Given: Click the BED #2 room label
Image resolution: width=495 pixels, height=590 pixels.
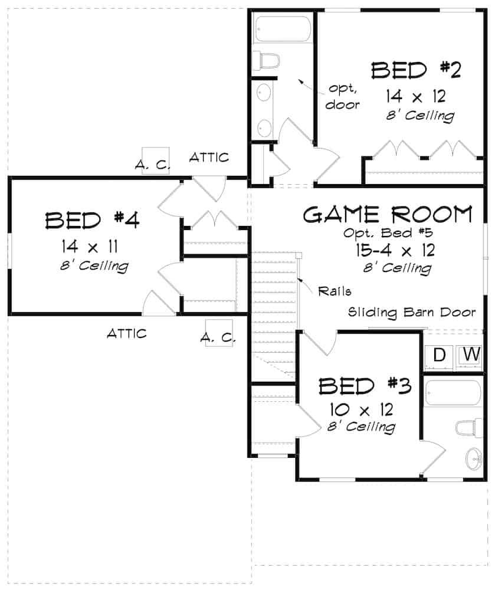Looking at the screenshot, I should pyautogui.click(x=416, y=70).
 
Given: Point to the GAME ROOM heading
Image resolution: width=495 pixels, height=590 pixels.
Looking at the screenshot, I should pyautogui.click(x=388, y=215).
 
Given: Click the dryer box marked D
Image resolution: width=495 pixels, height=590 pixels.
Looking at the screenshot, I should pyautogui.click(x=438, y=355).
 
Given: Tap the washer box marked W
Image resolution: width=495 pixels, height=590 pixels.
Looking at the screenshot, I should pyautogui.click(x=471, y=355).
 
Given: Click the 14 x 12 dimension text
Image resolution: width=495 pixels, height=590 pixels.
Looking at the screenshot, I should pyautogui.click(x=416, y=96).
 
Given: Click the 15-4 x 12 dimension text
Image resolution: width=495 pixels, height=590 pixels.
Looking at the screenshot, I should pyautogui.click(x=395, y=250).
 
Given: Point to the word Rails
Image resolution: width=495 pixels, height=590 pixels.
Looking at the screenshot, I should pyautogui.click(x=335, y=290).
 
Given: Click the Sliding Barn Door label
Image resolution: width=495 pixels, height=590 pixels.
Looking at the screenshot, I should pyautogui.click(x=412, y=312).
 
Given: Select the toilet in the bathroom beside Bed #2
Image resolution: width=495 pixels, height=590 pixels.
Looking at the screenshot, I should pyautogui.click(x=265, y=61).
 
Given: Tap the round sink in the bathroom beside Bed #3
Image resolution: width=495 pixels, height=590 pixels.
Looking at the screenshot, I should pyautogui.click(x=473, y=458).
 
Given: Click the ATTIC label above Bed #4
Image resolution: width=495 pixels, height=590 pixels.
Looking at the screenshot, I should pyautogui.click(x=209, y=158).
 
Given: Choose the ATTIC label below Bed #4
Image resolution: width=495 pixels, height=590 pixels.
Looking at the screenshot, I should pyautogui.click(x=126, y=334).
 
